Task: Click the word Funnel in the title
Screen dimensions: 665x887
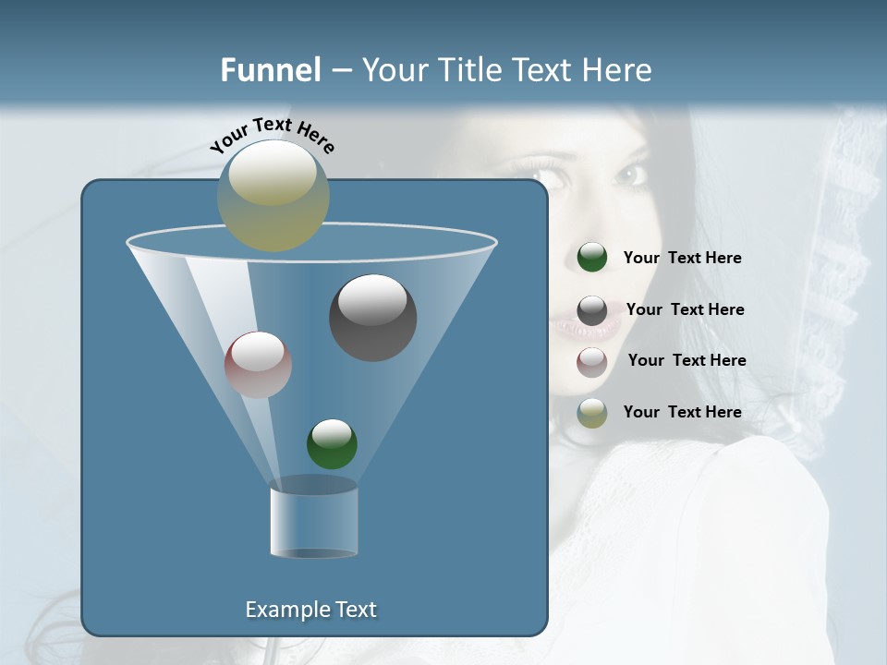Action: pyautogui.click(x=270, y=70)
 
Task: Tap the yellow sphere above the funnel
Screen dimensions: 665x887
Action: pyautogui.click(x=273, y=195)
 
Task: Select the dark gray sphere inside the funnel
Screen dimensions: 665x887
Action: pyautogui.click(x=373, y=318)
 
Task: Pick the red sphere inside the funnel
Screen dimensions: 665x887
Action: pyautogui.click(x=258, y=365)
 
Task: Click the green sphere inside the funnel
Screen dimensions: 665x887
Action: pyautogui.click(x=332, y=444)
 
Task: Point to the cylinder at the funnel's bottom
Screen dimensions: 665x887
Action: pyautogui.click(x=313, y=519)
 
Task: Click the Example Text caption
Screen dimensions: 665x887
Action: pyautogui.click(x=310, y=610)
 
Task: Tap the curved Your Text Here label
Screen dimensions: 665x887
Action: pyautogui.click(x=272, y=135)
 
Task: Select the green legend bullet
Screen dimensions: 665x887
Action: pyautogui.click(x=592, y=258)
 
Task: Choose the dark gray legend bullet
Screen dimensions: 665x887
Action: pyautogui.click(x=592, y=310)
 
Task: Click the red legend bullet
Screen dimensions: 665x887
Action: pyautogui.click(x=592, y=362)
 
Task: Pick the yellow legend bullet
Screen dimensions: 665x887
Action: pyautogui.click(x=592, y=413)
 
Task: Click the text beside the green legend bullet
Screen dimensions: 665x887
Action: pyautogui.click(x=682, y=259)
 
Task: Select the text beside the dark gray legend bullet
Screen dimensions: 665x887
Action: pyautogui.click(x=685, y=310)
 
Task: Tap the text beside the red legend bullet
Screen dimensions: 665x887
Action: pyautogui.click(x=687, y=361)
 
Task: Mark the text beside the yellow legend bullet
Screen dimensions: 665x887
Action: pyautogui.click(x=682, y=413)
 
